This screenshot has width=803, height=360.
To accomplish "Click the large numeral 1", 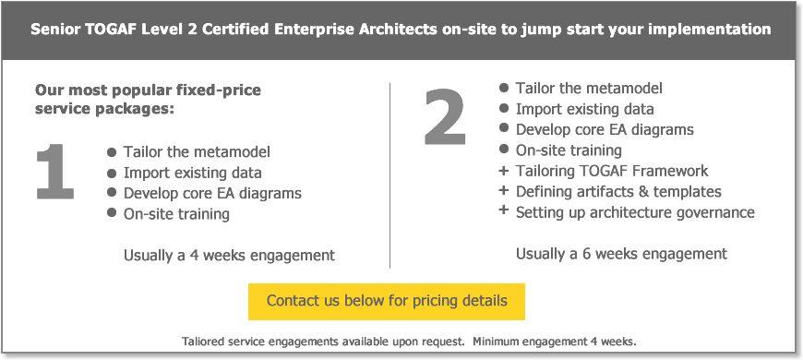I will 55,172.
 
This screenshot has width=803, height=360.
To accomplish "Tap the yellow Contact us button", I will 386,301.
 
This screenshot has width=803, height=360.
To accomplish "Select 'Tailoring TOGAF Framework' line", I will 612,171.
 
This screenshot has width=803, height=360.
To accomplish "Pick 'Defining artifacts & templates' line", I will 618,192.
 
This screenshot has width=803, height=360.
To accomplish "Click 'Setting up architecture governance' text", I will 635,212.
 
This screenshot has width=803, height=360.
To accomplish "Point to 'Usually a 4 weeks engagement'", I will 229,255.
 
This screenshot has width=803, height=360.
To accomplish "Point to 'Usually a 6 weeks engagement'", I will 621,254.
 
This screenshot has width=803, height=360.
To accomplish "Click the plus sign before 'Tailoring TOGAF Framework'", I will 503,171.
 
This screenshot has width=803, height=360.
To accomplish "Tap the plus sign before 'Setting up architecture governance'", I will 503,211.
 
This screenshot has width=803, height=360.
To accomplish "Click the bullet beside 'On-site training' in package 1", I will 112,214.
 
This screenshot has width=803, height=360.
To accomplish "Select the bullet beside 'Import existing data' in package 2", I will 504,109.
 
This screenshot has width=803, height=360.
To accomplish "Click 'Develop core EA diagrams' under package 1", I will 212,194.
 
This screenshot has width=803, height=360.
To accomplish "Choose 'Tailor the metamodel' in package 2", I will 589,89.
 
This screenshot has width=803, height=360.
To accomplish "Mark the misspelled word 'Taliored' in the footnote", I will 205,342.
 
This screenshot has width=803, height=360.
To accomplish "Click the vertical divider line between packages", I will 390,175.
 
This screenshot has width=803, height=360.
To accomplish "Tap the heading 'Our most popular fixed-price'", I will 148,90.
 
